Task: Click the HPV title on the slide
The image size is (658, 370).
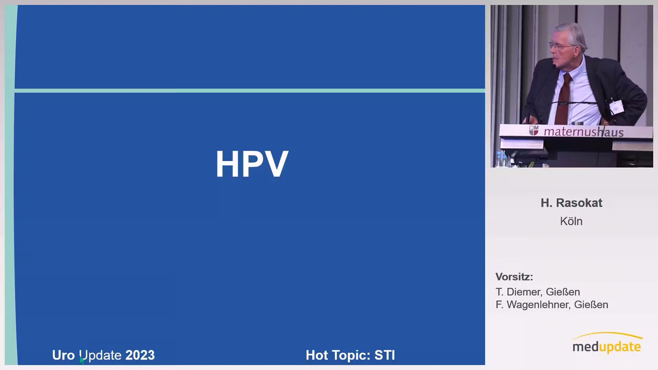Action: click(x=252, y=164)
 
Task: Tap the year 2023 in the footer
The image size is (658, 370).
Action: click(x=140, y=355)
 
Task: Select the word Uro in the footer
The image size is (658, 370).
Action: click(x=63, y=355)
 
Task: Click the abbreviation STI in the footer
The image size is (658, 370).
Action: click(x=385, y=355)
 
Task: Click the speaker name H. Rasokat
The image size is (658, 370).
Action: click(x=571, y=203)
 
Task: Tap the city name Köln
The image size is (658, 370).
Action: click(x=571, y=221)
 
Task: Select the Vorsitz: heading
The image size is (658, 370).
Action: click(x=514, y=277)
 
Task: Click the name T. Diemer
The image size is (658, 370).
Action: click(x=519, y=292)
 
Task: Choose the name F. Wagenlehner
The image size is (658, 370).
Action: click(x=533, y=305)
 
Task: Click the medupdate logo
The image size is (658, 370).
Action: click(x=607, y=343)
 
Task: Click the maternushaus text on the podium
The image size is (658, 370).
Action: click(x=584, y=132)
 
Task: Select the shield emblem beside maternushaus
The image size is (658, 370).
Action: click(x=534, y=130)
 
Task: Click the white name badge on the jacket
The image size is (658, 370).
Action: click(x=616, y=107)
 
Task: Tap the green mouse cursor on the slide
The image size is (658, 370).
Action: click(x=82, y=360)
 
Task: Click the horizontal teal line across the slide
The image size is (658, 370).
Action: click(x=249, y=91)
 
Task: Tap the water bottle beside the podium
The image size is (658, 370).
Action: click(x=501, y=159)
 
